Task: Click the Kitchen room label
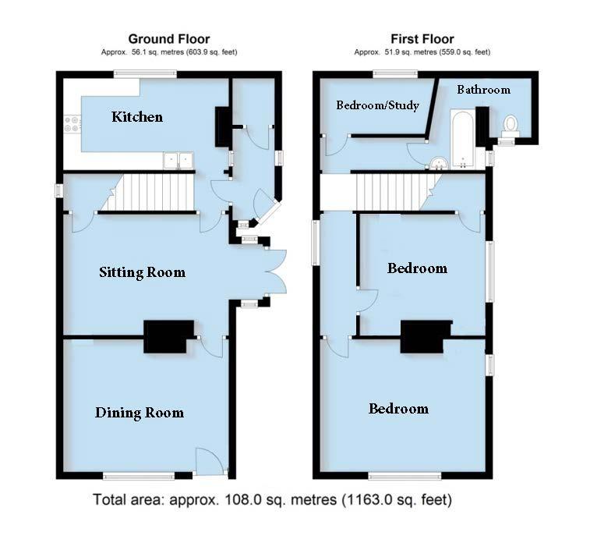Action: click(137, 117)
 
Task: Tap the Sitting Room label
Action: click(142, 272)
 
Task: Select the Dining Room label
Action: click(140, 413)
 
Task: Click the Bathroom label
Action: click(483, 90)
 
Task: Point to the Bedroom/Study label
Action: click(378, 105)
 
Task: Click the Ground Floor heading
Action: click(169, 39)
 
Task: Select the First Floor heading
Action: click(422, 39)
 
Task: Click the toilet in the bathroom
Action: click(511, 126)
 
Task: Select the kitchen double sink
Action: click(178, 161)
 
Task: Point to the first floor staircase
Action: click(390, 192)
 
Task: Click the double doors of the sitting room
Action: click(272, 272)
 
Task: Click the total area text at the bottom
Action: click(272, 499)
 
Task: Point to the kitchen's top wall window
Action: click(144, 74)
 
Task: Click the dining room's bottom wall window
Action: click(139, 475)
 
